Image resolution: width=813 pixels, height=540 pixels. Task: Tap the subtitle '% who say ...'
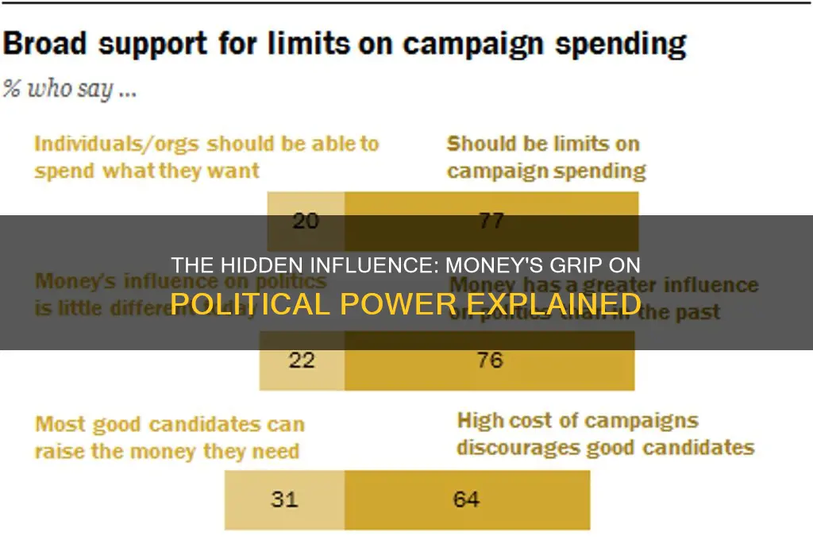pyautogui.click(x=70, y=89)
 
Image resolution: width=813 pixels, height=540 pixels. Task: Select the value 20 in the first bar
pyautogui.click(x=306, y=221)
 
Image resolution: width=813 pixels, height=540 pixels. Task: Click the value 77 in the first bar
pyautogui.click(x=491, y=221)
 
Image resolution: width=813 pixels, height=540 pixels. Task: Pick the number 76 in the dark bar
pyautogui.click(x=489, y=361)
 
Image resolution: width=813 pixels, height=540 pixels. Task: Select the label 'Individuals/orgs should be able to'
pyautogui.click(x=206, y=145)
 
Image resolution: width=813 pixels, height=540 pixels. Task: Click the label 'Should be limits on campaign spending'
pyautogui.click(x=545, y=157)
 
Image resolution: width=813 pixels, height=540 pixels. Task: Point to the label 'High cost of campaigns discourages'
pyautogui.click(x=604, y=434)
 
